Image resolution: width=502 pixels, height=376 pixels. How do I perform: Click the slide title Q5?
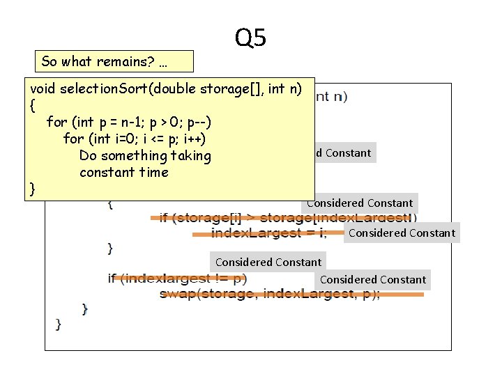[250, 38]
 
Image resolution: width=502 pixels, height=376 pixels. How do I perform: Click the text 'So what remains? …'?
[104, 61]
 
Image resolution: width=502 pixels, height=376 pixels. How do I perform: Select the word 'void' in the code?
[43, 89]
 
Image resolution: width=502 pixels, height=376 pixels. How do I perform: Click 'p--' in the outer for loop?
[198, 122]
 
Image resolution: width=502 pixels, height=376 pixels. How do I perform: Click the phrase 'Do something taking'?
[144, 155]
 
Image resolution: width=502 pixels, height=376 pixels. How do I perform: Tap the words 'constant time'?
[123, 172]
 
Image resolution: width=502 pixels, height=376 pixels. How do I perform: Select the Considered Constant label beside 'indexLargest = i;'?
[401, 233]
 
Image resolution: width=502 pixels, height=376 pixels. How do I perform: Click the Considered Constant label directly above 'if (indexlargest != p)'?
[268, 262]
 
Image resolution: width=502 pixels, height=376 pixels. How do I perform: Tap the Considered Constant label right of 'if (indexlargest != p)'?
[372, 279]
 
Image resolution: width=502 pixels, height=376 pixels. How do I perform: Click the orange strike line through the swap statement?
[293, 295]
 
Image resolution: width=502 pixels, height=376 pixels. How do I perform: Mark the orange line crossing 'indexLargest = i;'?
[268, 233]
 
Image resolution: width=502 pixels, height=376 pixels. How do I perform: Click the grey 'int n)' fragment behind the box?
[333, 97]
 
